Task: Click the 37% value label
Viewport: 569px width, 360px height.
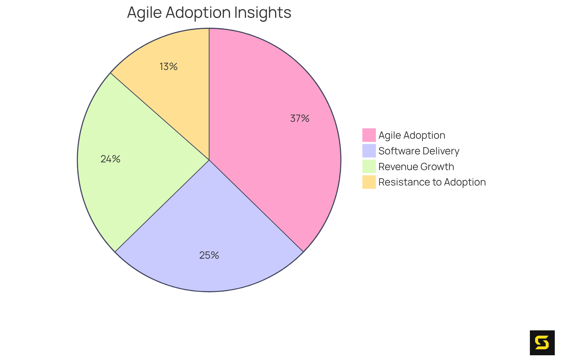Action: click(300, 119)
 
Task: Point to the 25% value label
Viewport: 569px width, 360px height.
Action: click(209, 255)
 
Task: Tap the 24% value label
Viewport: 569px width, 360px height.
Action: click(110, 159)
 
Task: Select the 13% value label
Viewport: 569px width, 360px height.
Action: click(168, 67)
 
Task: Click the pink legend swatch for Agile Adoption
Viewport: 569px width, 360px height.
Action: click(369, 135)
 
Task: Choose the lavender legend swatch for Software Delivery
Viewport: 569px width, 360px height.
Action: click(369, 151)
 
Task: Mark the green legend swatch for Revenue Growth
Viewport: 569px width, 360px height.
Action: click(369, 167)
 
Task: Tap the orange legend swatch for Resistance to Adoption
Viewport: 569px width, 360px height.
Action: click(369, 182)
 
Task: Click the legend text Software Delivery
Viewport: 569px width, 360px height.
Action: click(419, 151)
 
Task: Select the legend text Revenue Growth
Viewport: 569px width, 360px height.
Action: click(416, 167)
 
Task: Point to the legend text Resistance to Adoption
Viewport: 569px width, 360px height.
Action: click(432, 182)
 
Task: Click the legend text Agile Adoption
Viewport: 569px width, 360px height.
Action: click(412, 135)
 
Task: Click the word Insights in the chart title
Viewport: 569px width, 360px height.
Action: click(263, 12)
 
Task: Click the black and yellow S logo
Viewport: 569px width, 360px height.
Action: click(542, 343)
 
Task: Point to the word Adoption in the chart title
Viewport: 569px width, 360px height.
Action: click(198, 12)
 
